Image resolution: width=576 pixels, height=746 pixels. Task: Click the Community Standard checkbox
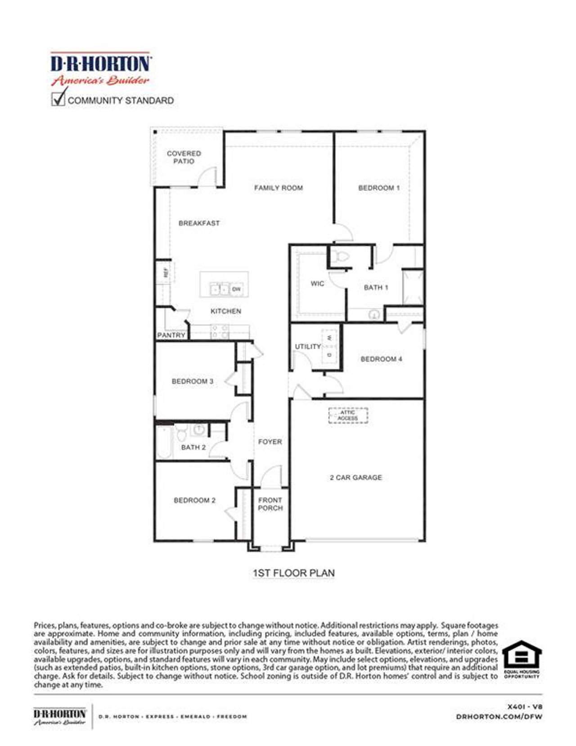[x=58, y=99]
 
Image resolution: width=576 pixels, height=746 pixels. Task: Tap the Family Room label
[x=278, y=188]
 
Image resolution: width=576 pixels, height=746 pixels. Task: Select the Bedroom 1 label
[x=378, y=188]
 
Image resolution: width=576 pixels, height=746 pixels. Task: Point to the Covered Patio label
[x=184, y=157]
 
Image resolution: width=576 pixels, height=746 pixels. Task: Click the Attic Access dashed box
[x=348, y=415]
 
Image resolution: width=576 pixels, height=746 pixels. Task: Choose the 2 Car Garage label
[x=355, y=477]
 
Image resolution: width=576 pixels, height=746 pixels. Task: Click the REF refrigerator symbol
[x=165, y=272]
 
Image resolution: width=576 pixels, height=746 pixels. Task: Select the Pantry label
[x=171, y=335]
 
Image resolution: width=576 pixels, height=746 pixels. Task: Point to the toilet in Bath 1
[x=342, y=257]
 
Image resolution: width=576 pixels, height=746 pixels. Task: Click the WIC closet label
[x=317, y=283]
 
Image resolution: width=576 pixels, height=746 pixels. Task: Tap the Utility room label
[x=308, y=346]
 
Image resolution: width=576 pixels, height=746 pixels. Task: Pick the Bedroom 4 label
[x=381, y=359]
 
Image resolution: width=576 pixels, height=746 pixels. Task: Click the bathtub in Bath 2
[x=164, y=442]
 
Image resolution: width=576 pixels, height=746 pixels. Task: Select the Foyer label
[x=270, y=442]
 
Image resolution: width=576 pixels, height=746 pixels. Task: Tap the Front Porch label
[x=270, y=504]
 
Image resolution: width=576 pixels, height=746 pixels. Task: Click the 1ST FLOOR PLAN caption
[x=293, y=573]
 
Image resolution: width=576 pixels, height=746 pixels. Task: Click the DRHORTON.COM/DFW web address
[x=499, y=716]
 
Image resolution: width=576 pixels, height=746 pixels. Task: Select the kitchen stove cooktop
[x=220, y=332]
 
